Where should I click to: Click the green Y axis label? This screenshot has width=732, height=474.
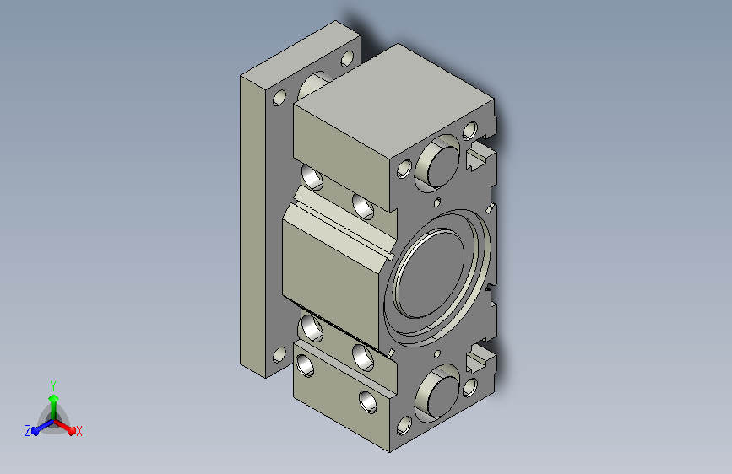(53, 386)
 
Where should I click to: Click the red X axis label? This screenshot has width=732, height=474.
(79, 432)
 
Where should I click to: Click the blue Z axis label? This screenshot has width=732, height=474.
(28, 431)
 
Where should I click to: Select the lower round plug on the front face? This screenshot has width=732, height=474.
(442, 395)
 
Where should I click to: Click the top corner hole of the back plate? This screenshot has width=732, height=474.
(347, 59)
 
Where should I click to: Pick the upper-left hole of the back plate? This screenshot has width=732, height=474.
(279, 98)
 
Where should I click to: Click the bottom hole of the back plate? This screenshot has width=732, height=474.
(279, 355)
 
